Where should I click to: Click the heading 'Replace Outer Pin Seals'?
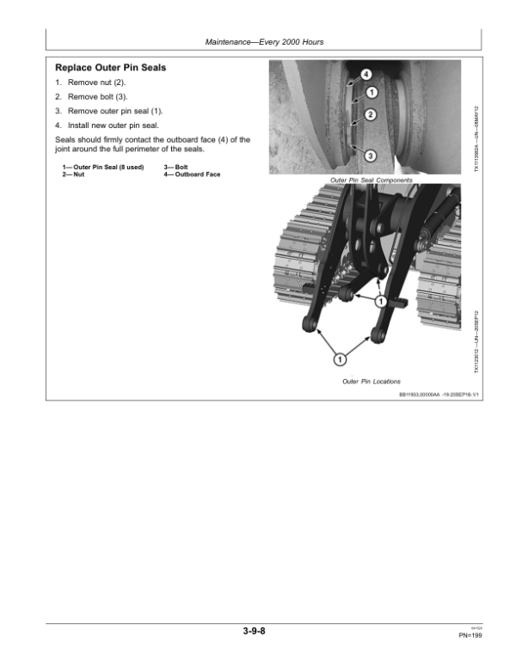pyautogui.click(x=110, y=67)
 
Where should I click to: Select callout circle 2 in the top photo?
pyautogui.click(x=370, y=114)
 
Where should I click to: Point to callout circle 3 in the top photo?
pyautogui.click(x=369, y=156)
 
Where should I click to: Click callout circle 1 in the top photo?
pyautogui.click(x=371, y=93)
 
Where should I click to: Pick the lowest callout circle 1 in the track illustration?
pyautogui.click(x=340, y=358)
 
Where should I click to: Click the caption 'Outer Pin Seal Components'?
pyautogui.click(x=371, y=180)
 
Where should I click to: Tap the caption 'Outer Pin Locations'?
pyautogui.click(x=371, y=381)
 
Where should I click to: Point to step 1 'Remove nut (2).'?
pyautogui.click(x=90, y=82)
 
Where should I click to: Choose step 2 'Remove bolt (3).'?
pyautogui.click(x=90, y=96)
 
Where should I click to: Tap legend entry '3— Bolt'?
pyautogui.click(x=176, y=167)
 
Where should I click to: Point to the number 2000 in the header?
pyautogui.click(x=287, y=41)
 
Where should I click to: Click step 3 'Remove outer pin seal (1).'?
pyautogui.click(x=108, y=111)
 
